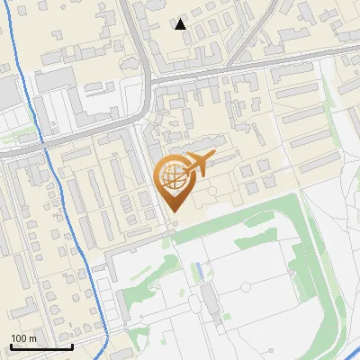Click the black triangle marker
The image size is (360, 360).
point(181,24)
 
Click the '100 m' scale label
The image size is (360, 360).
point(24,338)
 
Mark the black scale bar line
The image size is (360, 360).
point(41,346)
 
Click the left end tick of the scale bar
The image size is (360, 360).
point(11,345)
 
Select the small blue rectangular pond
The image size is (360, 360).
point(198,268)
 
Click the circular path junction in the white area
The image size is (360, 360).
point(244,286)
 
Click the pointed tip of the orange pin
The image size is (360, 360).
point(175,212)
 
